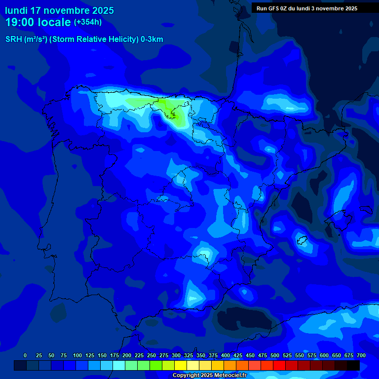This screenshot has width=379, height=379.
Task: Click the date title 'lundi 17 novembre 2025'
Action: pos(59,10)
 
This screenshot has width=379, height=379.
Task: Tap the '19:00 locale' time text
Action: pos(38,22)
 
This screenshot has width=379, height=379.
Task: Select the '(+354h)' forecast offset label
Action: pos(88,22)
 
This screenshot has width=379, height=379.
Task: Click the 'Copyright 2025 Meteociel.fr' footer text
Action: pos(209,376)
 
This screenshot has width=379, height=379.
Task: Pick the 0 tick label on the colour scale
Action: pos(25,355)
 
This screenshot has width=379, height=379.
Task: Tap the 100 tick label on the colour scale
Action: pos(77,355)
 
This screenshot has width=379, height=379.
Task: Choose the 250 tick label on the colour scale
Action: pos(152,355)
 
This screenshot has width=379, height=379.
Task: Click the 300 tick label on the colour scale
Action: pos(176,355)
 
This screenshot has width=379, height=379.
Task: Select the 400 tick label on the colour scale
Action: pos(226,355)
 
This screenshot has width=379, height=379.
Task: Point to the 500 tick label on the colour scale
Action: pos(275,355)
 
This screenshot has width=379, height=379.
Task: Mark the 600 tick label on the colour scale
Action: pos(324,355)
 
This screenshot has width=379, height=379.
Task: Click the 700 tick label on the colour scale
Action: pos(361,355)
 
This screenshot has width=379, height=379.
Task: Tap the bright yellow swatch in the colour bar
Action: pos(181,366)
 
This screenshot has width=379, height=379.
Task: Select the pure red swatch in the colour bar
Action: pos(279,366)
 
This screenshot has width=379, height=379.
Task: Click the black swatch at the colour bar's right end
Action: pos(353,366)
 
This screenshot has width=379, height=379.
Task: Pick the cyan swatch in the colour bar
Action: pos(119,366)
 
